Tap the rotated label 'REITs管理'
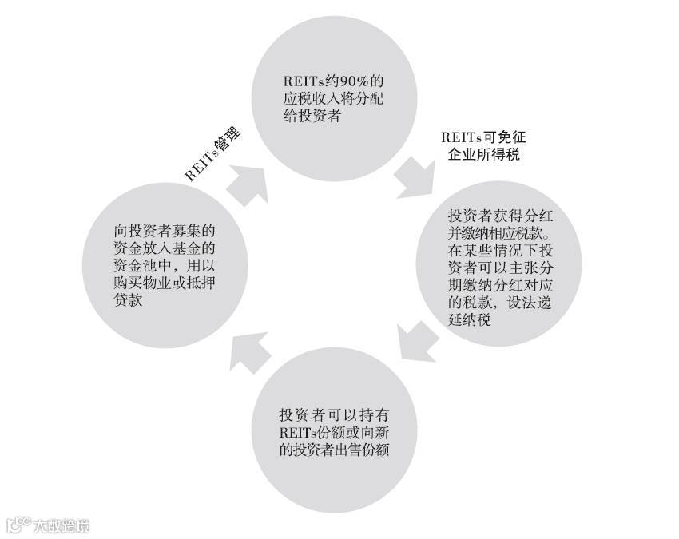212,155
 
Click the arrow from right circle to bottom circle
419,342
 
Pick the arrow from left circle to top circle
246,185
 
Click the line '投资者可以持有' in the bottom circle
334,415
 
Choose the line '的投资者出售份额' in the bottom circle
334,451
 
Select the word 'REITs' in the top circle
304,81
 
